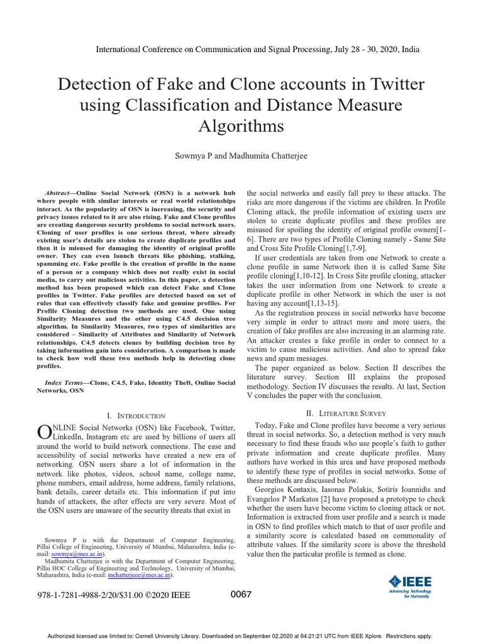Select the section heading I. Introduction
tap(136, 416)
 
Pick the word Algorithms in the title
tap(241, 126)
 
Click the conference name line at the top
tap(257, 49)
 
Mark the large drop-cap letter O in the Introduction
tap(45, 432)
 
